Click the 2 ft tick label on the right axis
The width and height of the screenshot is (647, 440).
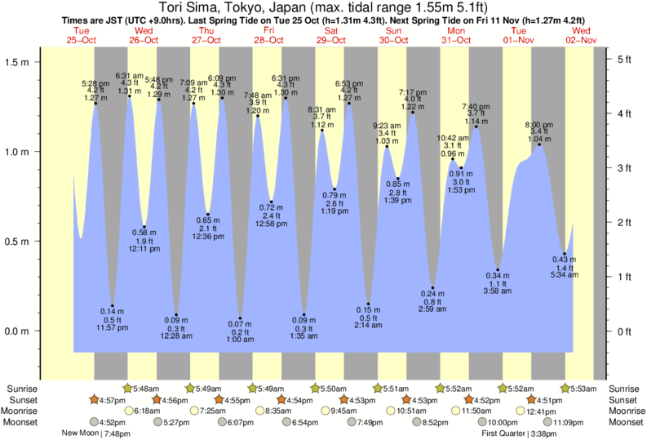[623, 222]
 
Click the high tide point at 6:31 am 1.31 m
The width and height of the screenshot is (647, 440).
[129, 96]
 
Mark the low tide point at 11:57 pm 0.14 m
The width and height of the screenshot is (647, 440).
[113, 305]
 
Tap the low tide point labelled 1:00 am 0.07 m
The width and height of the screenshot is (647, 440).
[240, 318]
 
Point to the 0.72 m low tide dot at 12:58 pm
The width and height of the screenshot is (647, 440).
[271, 202]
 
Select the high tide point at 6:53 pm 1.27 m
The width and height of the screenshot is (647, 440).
[349, 103]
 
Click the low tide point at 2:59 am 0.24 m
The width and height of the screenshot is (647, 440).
[432, 288]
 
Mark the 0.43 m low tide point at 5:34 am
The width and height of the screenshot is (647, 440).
[565, 254]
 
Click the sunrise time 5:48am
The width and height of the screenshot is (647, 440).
[144, 389]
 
